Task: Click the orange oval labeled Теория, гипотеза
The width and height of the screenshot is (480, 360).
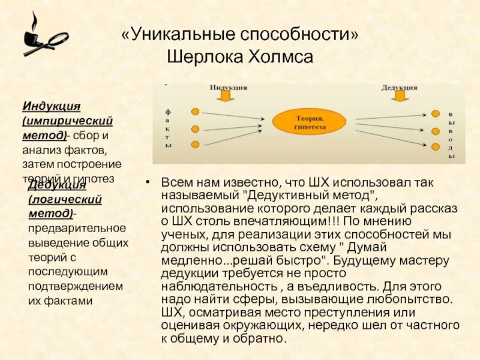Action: pyautogui.click(x=310, y=122)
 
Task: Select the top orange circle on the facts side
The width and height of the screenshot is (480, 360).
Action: pyautogui.click(x=196, y=112)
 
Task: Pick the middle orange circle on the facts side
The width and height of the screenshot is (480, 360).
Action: pyautogui.click(x=196, y=128)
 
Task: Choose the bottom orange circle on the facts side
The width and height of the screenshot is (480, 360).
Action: pyautogui.click(x=196, y=144)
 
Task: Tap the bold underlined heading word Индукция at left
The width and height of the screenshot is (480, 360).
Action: pyautogui.click(x=52, y=106)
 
